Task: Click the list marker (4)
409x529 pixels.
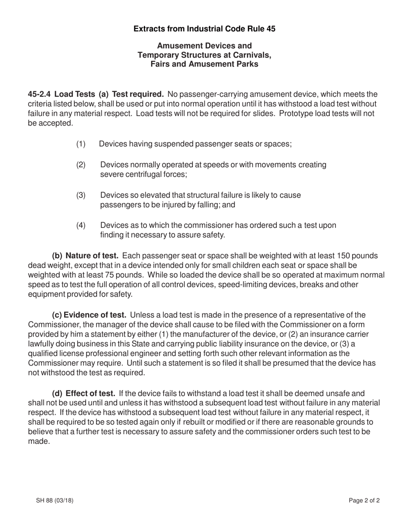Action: (x=81, y=225)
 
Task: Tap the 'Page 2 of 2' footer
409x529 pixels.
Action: (x=364, y=500)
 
